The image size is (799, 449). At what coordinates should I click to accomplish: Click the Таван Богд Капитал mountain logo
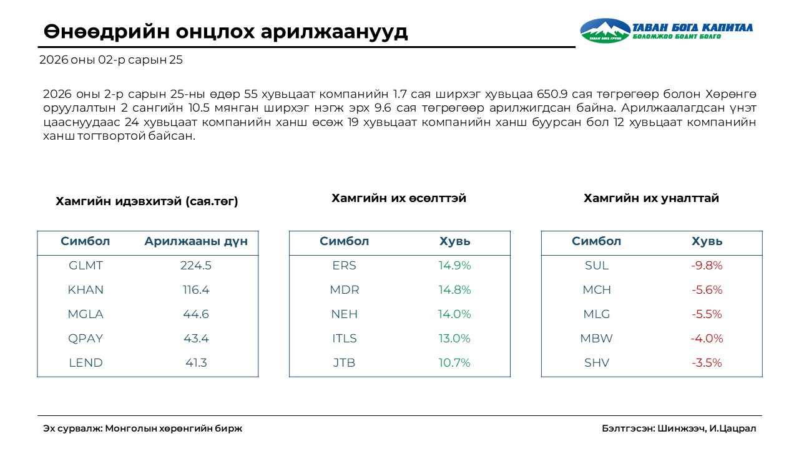[605, 31]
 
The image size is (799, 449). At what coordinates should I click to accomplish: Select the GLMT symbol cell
[86, 266]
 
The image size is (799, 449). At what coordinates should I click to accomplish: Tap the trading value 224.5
[196, 266]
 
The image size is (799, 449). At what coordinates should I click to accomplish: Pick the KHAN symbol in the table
[86, 290]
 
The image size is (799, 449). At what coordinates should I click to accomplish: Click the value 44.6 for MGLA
[196, 314]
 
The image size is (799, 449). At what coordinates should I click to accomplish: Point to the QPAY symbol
[86, 339]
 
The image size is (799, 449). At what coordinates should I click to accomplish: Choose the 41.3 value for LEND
[196, 363]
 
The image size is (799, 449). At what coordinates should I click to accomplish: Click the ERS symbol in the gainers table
[344, 266]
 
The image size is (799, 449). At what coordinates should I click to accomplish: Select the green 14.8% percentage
[454, 290]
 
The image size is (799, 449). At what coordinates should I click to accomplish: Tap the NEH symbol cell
[344, 314]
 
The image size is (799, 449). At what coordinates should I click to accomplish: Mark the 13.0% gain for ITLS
[454, 339]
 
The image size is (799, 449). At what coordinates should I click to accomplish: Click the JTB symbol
[344, 363]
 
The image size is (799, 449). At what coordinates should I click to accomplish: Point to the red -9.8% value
[707, 266]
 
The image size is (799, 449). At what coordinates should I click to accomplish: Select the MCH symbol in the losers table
[597, 290]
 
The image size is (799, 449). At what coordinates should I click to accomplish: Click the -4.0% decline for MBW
[707, 339]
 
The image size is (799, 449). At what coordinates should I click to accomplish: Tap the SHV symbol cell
[597, 363]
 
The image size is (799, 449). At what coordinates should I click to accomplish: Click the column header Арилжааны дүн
[196, 242]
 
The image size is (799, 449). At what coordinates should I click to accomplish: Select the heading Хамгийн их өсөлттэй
[399, 198]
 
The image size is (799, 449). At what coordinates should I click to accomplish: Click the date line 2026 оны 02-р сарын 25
[111, 60]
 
